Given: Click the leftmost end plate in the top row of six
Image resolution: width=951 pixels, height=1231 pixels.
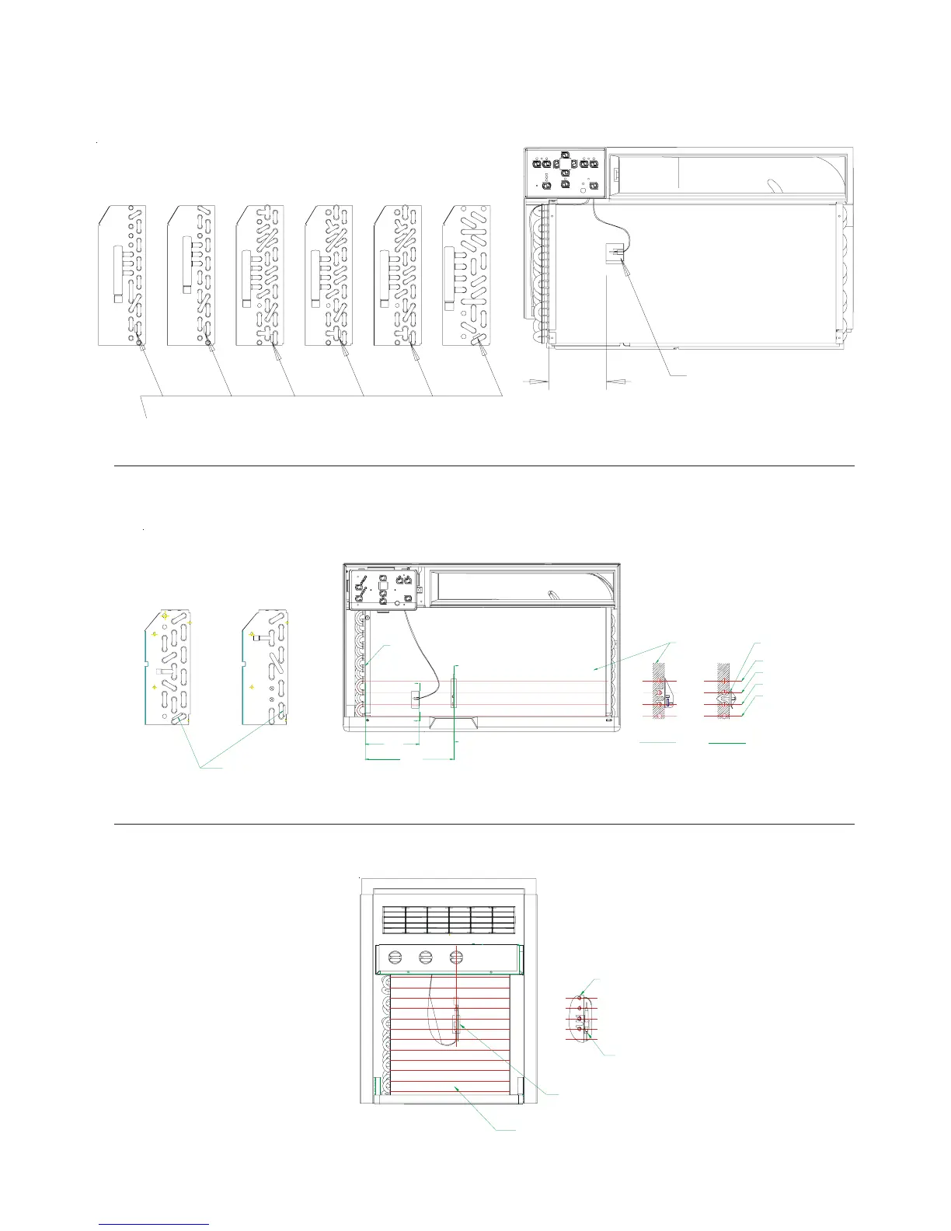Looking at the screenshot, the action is (122, 275).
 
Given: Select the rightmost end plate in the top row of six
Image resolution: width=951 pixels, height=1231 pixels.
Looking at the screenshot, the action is (466, 275).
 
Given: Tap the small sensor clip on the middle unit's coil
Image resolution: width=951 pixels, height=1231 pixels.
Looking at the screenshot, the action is (414, 696).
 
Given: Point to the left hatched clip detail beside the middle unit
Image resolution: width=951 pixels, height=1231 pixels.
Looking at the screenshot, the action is (660, 692).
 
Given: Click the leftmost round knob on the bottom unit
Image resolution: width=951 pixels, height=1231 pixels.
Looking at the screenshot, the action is (395, 957).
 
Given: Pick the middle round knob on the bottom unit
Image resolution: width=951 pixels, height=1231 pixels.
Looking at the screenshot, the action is (426, 957).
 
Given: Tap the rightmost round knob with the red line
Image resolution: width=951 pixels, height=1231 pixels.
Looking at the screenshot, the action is (457, 957).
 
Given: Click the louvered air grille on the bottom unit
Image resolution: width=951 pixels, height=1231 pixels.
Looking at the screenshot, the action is (448, 920).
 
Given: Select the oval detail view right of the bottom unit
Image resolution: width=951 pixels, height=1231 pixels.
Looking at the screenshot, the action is (581, 1017).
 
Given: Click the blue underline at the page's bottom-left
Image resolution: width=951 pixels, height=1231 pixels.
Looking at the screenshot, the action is (154, 1225).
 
